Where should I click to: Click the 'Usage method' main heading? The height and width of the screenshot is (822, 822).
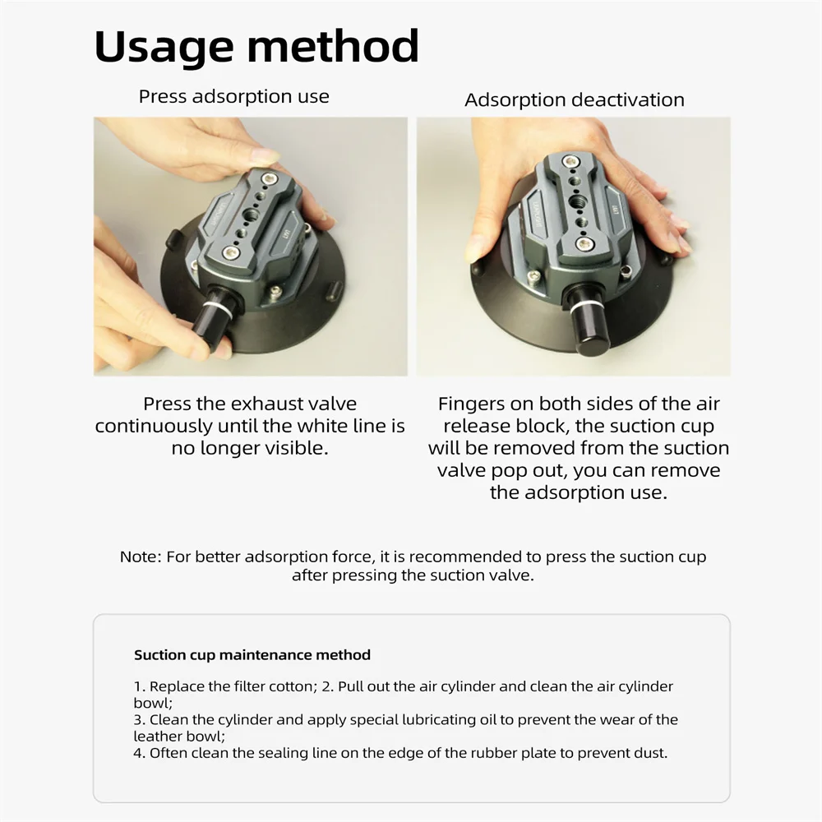(x=256, y=48)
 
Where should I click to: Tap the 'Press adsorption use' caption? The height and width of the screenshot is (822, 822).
(x=233, y=96)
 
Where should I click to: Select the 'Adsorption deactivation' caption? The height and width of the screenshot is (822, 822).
(x=575, y=99)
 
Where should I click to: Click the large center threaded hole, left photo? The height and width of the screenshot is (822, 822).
(x=250, y=214)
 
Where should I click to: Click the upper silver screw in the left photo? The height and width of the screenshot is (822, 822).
(x=270, y=178)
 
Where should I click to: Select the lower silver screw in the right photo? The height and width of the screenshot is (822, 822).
(x=583, y=243)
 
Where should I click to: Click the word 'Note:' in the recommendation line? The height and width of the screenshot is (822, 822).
(x=141, y=556)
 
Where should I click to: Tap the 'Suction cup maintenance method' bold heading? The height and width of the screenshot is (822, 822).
(x=252, y=655)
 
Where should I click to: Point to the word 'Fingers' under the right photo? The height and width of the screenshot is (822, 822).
(x=480, y=404)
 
